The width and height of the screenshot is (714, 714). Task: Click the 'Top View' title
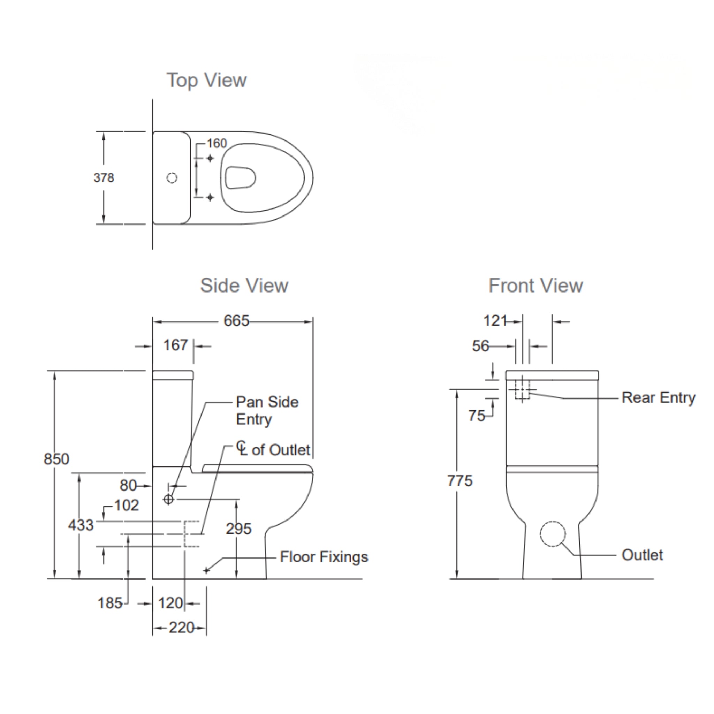[206, 80]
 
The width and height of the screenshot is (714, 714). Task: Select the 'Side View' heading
[244, 285]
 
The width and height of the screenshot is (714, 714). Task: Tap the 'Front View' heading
[535, 285]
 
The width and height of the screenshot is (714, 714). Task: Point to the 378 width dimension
[104, 178]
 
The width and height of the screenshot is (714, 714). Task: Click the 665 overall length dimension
[236, 321]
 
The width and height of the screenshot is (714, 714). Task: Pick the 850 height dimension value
[56, 459]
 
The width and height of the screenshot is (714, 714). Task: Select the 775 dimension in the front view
[460, 481]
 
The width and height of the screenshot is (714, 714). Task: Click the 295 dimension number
[238, 529]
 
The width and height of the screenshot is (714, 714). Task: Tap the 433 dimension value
[81, 525]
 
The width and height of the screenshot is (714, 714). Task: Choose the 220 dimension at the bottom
[181, 628]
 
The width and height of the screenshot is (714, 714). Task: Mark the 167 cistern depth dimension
[176, 345]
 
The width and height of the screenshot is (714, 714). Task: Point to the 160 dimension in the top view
[217, 143]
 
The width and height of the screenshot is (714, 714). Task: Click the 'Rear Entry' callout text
[658, 398]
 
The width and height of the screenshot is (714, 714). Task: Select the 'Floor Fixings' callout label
[324, 557]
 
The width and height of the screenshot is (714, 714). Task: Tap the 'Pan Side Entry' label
[267, 411]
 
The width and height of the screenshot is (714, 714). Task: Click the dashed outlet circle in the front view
[553, 534]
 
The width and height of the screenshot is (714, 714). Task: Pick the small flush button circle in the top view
[172, 178]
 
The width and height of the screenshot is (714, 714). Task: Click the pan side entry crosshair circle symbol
[168, 499]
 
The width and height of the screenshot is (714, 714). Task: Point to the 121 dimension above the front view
[495, 321]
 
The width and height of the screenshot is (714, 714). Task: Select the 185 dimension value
[110, 603]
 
